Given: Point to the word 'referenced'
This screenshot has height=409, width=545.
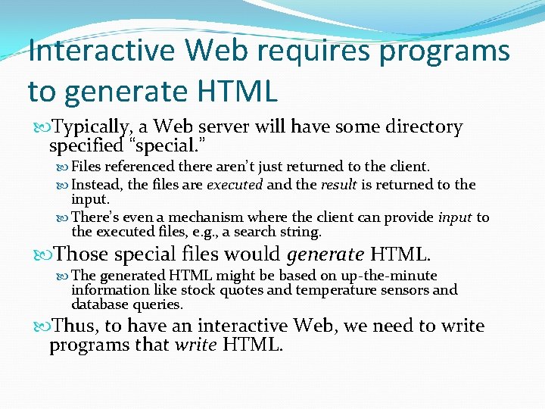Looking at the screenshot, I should (137, 167).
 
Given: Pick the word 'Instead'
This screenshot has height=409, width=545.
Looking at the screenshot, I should (97, 185).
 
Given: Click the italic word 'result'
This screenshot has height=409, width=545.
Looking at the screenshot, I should (338, 185).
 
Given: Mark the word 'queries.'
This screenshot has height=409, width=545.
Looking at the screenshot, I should (157, 305).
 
